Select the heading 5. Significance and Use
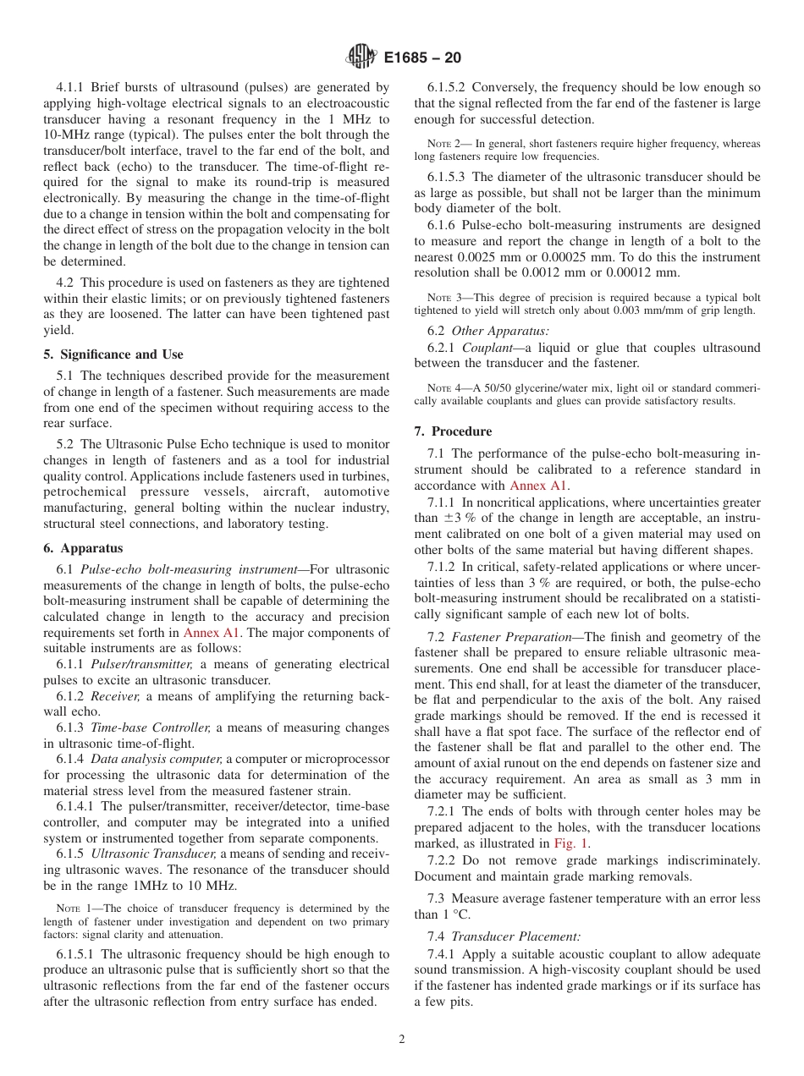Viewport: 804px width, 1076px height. pos(113,354)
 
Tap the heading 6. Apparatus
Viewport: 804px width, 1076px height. pos(83,548)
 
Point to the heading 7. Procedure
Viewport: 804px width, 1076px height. pos(453,431)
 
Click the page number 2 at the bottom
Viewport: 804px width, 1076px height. pos(402,1040)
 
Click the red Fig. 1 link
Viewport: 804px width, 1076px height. pos(571,843)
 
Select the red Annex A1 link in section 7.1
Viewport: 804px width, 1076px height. pos(539,486)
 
